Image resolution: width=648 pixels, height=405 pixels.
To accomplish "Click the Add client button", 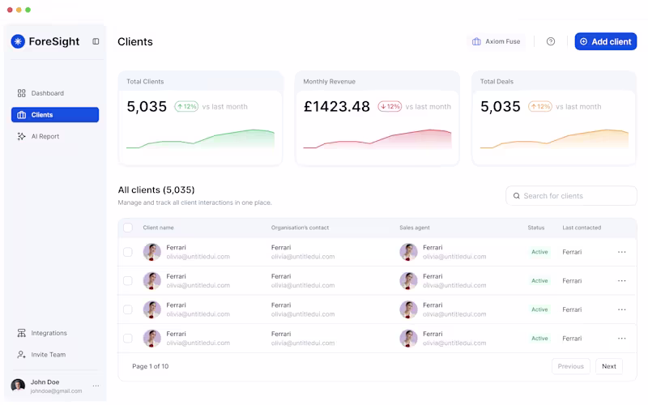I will click(605, 41).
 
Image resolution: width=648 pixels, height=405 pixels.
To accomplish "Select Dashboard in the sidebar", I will click(47, 93).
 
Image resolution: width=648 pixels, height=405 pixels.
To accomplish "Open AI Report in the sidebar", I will click(45, 136).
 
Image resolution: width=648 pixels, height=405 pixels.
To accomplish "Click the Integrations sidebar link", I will click(49, 333).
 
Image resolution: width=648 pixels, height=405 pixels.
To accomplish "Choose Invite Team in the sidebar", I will click(48, 355).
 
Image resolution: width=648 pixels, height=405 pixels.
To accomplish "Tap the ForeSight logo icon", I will click(18, 41).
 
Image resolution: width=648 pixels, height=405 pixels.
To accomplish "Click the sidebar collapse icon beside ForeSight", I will click(96, 41).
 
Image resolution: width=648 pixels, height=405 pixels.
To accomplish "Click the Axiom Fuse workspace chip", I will click(497, 41).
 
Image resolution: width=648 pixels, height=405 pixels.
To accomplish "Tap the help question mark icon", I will click(551, 41).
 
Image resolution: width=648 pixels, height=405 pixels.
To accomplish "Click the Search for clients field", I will click(572, 196).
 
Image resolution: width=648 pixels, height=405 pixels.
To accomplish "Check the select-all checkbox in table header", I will click(128, 228).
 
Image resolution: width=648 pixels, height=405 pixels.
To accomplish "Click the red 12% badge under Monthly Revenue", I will click(390, 106).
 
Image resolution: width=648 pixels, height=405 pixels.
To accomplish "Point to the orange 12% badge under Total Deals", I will click(539, 106).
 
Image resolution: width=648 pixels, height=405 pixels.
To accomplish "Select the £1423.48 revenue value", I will click(336, 106).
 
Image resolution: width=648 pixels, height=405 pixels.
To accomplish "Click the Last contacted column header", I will click(582, 228).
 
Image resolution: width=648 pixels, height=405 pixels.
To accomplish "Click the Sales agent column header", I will click(417, 228).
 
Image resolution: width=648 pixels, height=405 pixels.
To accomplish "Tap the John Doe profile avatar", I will click(18, 386).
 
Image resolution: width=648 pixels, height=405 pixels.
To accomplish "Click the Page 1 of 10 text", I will click(151, 366).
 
